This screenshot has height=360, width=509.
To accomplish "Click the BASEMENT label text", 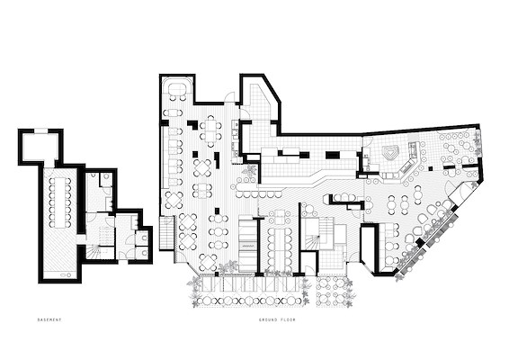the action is (x=49, y=319).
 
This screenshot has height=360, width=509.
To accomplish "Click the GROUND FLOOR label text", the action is (x=277, y=319).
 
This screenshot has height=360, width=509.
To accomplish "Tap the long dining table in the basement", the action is (x=59, y=202).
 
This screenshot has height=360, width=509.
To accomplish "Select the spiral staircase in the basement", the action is (x=94, y=252).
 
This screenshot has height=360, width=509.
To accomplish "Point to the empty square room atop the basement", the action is (x=40, y=147).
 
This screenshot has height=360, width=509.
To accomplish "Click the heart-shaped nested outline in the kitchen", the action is (x=390, y=152).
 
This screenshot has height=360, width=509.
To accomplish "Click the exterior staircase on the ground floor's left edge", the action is (x=166, y=232).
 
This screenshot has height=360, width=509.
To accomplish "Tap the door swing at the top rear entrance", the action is (x=230, y=96).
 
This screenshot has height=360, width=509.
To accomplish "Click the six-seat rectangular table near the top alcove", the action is (x=210, y=129).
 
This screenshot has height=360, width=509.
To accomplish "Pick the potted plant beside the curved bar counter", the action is (x=250, y=171).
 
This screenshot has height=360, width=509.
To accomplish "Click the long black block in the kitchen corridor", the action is (x=332, y=155).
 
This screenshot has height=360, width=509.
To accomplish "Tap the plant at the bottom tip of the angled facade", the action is (x=398, y=277).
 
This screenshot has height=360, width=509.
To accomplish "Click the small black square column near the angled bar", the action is (x=431, y=168).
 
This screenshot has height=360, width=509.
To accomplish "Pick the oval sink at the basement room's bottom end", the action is (x=63, y=275).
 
